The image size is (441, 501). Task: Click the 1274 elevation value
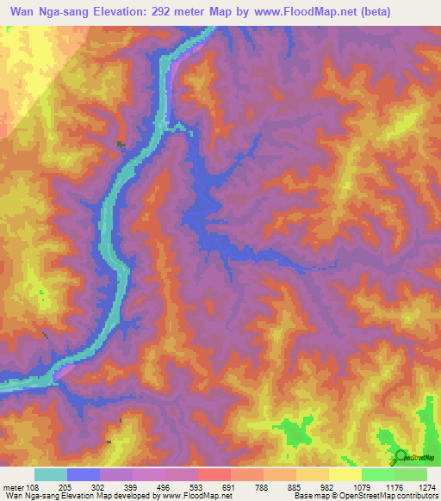[x=428, y=486]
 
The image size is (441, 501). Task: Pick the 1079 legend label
[x=361, y=486]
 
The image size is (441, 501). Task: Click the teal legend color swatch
[x=50, y=474]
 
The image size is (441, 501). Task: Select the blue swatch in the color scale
[x=84, y=474]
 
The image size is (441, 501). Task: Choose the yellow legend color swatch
[x=345, y=474]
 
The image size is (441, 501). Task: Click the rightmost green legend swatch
[x=411, y=474]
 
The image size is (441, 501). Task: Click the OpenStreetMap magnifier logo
[x=401, y=457]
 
